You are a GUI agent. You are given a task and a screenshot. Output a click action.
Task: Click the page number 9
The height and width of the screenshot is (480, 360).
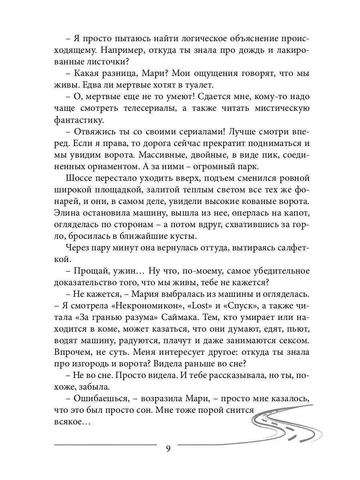168,448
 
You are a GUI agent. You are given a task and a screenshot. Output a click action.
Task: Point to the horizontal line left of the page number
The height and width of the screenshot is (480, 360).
105,444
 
